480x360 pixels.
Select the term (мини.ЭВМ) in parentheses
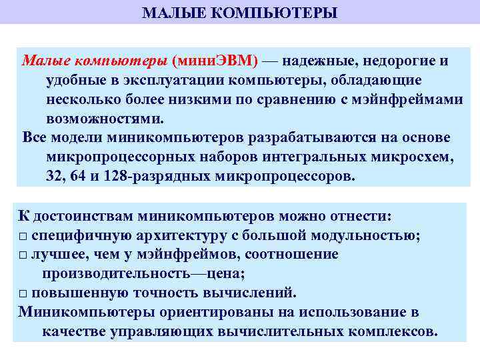pos(215,61)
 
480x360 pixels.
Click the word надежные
pos(317,61)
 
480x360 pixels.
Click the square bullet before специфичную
pos(23,236)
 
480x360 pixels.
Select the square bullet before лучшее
pos(23,255)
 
